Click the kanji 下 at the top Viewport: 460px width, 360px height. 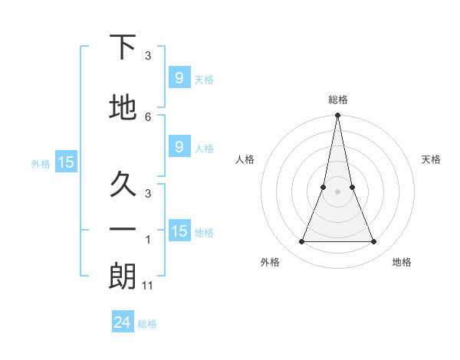(123, 47)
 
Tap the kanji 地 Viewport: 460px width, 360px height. (123, 108)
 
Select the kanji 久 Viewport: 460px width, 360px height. (123, 184)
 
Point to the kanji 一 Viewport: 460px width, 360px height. (123, 229)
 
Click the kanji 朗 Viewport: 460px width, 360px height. (123, 277)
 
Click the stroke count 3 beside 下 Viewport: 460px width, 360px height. (148, 56)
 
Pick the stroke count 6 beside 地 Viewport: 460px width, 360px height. (148, 116)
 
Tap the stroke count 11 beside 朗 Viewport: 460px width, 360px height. (149, 285)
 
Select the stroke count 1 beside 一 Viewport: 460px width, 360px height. (148, 240)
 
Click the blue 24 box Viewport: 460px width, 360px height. (123, 322)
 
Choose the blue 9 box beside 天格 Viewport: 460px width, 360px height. (179, 77)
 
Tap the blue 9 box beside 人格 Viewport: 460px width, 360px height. (179, 147)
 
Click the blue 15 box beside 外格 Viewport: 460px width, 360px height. (65, 162)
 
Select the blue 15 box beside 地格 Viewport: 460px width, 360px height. (179, 231)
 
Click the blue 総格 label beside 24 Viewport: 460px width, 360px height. (147, 324)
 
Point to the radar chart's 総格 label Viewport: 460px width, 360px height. (337, 100)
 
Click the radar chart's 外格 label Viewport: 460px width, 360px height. (270, 262)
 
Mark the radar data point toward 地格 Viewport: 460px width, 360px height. (373, 242)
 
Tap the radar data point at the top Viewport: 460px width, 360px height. (337, 116)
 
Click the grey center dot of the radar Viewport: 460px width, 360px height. (337, 191)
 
